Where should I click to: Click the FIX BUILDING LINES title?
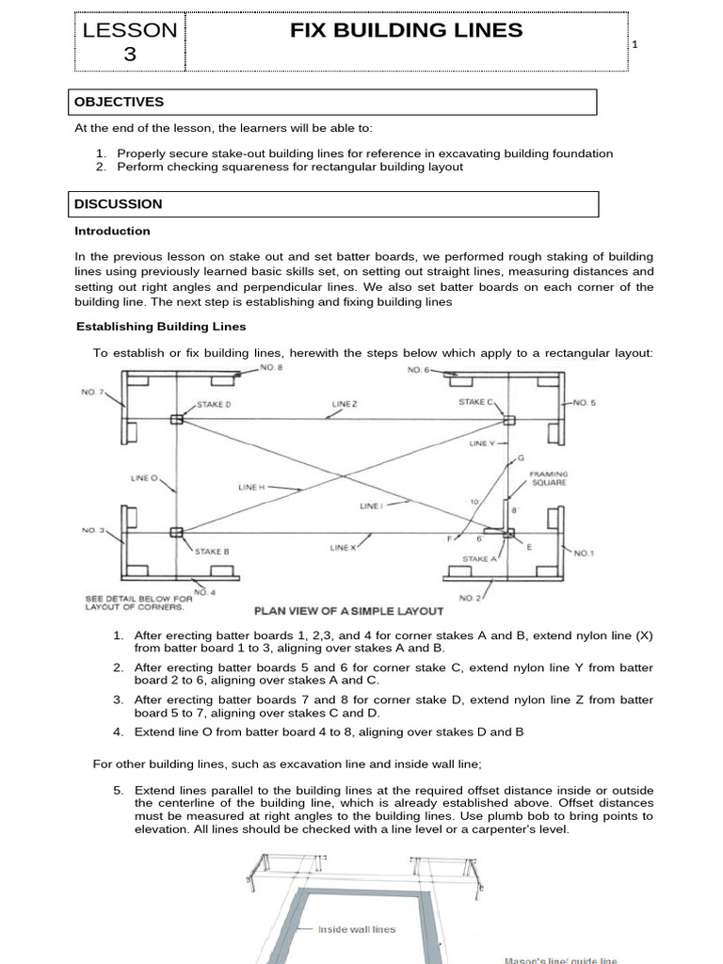[x=406, y=30]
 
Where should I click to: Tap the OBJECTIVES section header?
[x=120, y=102]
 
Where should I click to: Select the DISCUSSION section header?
[x=119, y=203]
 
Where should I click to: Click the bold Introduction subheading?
[x=112, y=231]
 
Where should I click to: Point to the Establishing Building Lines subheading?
[x=160, y=327]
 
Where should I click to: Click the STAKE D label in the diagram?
[x=213, y=403]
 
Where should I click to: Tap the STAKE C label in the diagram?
[x=475, y=402]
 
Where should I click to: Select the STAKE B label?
[x=212, y=551]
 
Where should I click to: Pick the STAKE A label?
[x=479, y=558]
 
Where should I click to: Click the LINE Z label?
[x=345, y=403]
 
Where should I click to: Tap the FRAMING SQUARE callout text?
[x=548, y=477]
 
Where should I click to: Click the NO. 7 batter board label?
[x=93, y=391]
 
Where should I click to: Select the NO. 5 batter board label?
[x=584, y=403]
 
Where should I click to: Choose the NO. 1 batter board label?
[x=584, y=554]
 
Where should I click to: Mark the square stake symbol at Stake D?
[x=176, y=420]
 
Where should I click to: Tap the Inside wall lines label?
[x=357, y=929]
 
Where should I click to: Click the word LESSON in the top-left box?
[x=130, y=30]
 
